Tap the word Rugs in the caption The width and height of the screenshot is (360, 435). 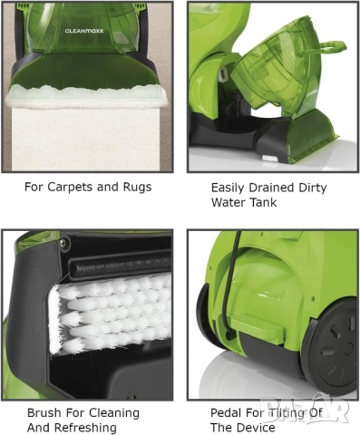(x=134, y=188)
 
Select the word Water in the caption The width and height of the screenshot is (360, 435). (x=228, y=203)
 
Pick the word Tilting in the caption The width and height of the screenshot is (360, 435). (x=287, y=412)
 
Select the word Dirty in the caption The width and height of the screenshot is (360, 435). (x=314, y=188)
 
